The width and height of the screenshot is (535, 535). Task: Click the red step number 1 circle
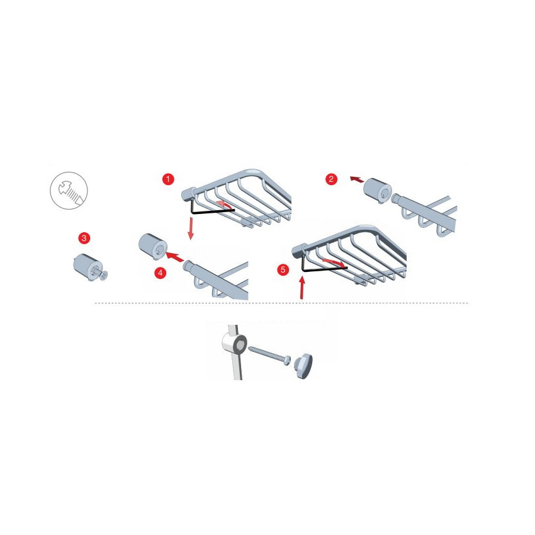(168, 179)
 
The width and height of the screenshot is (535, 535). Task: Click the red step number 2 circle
(331, 179)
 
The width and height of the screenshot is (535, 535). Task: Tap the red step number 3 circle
(84, 238)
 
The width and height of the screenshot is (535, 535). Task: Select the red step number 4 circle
(160, 273)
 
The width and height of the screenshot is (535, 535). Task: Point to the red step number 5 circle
(283, 270)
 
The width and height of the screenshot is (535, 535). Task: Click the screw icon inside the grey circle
(70, 192)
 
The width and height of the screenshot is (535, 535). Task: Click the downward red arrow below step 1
(191, 229)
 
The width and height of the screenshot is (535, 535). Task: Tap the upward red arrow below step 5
(302, 288)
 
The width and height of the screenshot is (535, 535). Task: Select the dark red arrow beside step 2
(357, 179)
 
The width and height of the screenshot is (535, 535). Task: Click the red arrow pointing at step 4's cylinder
(175, 257)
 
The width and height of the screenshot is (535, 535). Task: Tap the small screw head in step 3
(104, 274)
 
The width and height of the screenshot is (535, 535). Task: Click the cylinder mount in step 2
(378, 191)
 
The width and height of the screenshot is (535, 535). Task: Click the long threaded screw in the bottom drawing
(269, 356)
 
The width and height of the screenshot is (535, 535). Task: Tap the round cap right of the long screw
(304, 366)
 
